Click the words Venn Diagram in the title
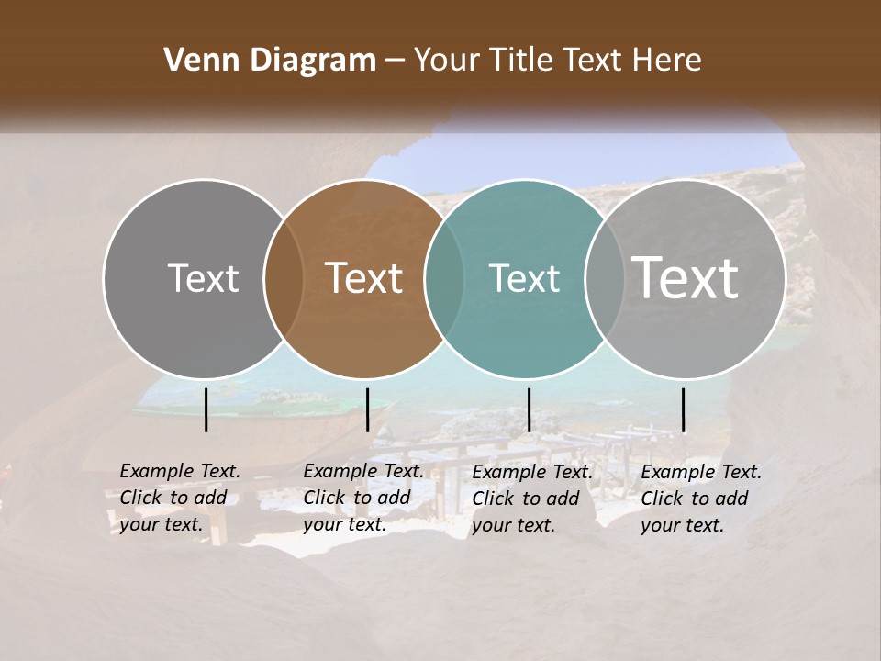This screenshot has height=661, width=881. tap(270, 61)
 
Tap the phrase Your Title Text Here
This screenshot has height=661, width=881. tap(557, 61)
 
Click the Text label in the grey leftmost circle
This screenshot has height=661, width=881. tap(203, 278)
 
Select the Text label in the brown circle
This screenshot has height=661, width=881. tap(364, 278)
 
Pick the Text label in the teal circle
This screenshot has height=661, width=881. tap(524, 278)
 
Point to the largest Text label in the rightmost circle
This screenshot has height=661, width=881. tap(686, 278)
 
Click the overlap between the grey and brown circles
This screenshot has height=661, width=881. tap(284, 278)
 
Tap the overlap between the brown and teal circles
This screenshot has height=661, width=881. tap(444, 278)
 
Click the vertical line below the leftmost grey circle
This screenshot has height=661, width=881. tap(206, 409)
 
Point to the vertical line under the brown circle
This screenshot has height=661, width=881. tap(367, 409)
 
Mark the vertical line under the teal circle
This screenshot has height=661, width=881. tap(530, 409)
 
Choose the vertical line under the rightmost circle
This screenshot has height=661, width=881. tap(684, 409)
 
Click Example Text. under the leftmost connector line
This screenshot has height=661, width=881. tap(180, 471)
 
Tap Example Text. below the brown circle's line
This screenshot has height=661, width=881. tap(363, 471)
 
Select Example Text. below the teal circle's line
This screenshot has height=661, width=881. tap(532, 472)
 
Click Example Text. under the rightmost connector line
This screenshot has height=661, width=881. tap(701, 472)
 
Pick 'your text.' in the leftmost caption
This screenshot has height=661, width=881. tap(161, 524)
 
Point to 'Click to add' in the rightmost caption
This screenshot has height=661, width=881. tap(695, 499)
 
